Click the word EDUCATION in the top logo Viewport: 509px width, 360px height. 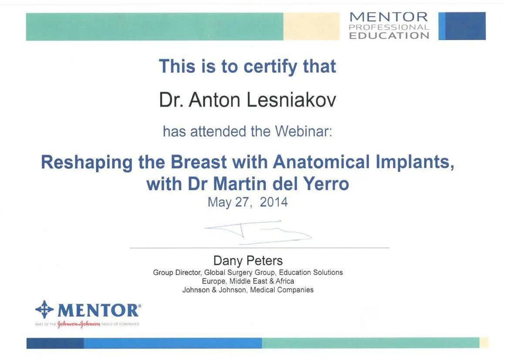pyautogui.click(x=389, y=35)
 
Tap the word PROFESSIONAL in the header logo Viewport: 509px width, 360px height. pyautogui.click(x=389, y=27)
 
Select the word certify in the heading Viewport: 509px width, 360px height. pyautogui.click(x=270, y=67)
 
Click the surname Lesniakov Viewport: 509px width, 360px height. pyautogui.click(x=291, y=100)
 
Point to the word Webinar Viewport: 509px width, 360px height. pyautogui.click(x=303, y=131)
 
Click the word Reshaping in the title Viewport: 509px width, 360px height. pyautogui.click(x=87, y=163)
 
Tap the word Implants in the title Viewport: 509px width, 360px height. pyautogui.click(x=415, y=162)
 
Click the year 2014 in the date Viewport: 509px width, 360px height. pyautogui.click(x=273, y=202)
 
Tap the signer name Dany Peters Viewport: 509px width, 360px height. pyautogui.click(x=248, y=261)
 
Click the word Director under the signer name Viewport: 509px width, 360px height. pyautogui.click(x=188, y=273)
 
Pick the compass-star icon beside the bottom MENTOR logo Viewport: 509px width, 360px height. pyautogui.click(x=44, y=310)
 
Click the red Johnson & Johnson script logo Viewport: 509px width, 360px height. pyautogui.click(x=79, y=324)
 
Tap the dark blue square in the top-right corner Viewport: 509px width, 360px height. pyautogui.click(x=465, y=26)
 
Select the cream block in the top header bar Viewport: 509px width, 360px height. pyautogui.click(x=311, y=27)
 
